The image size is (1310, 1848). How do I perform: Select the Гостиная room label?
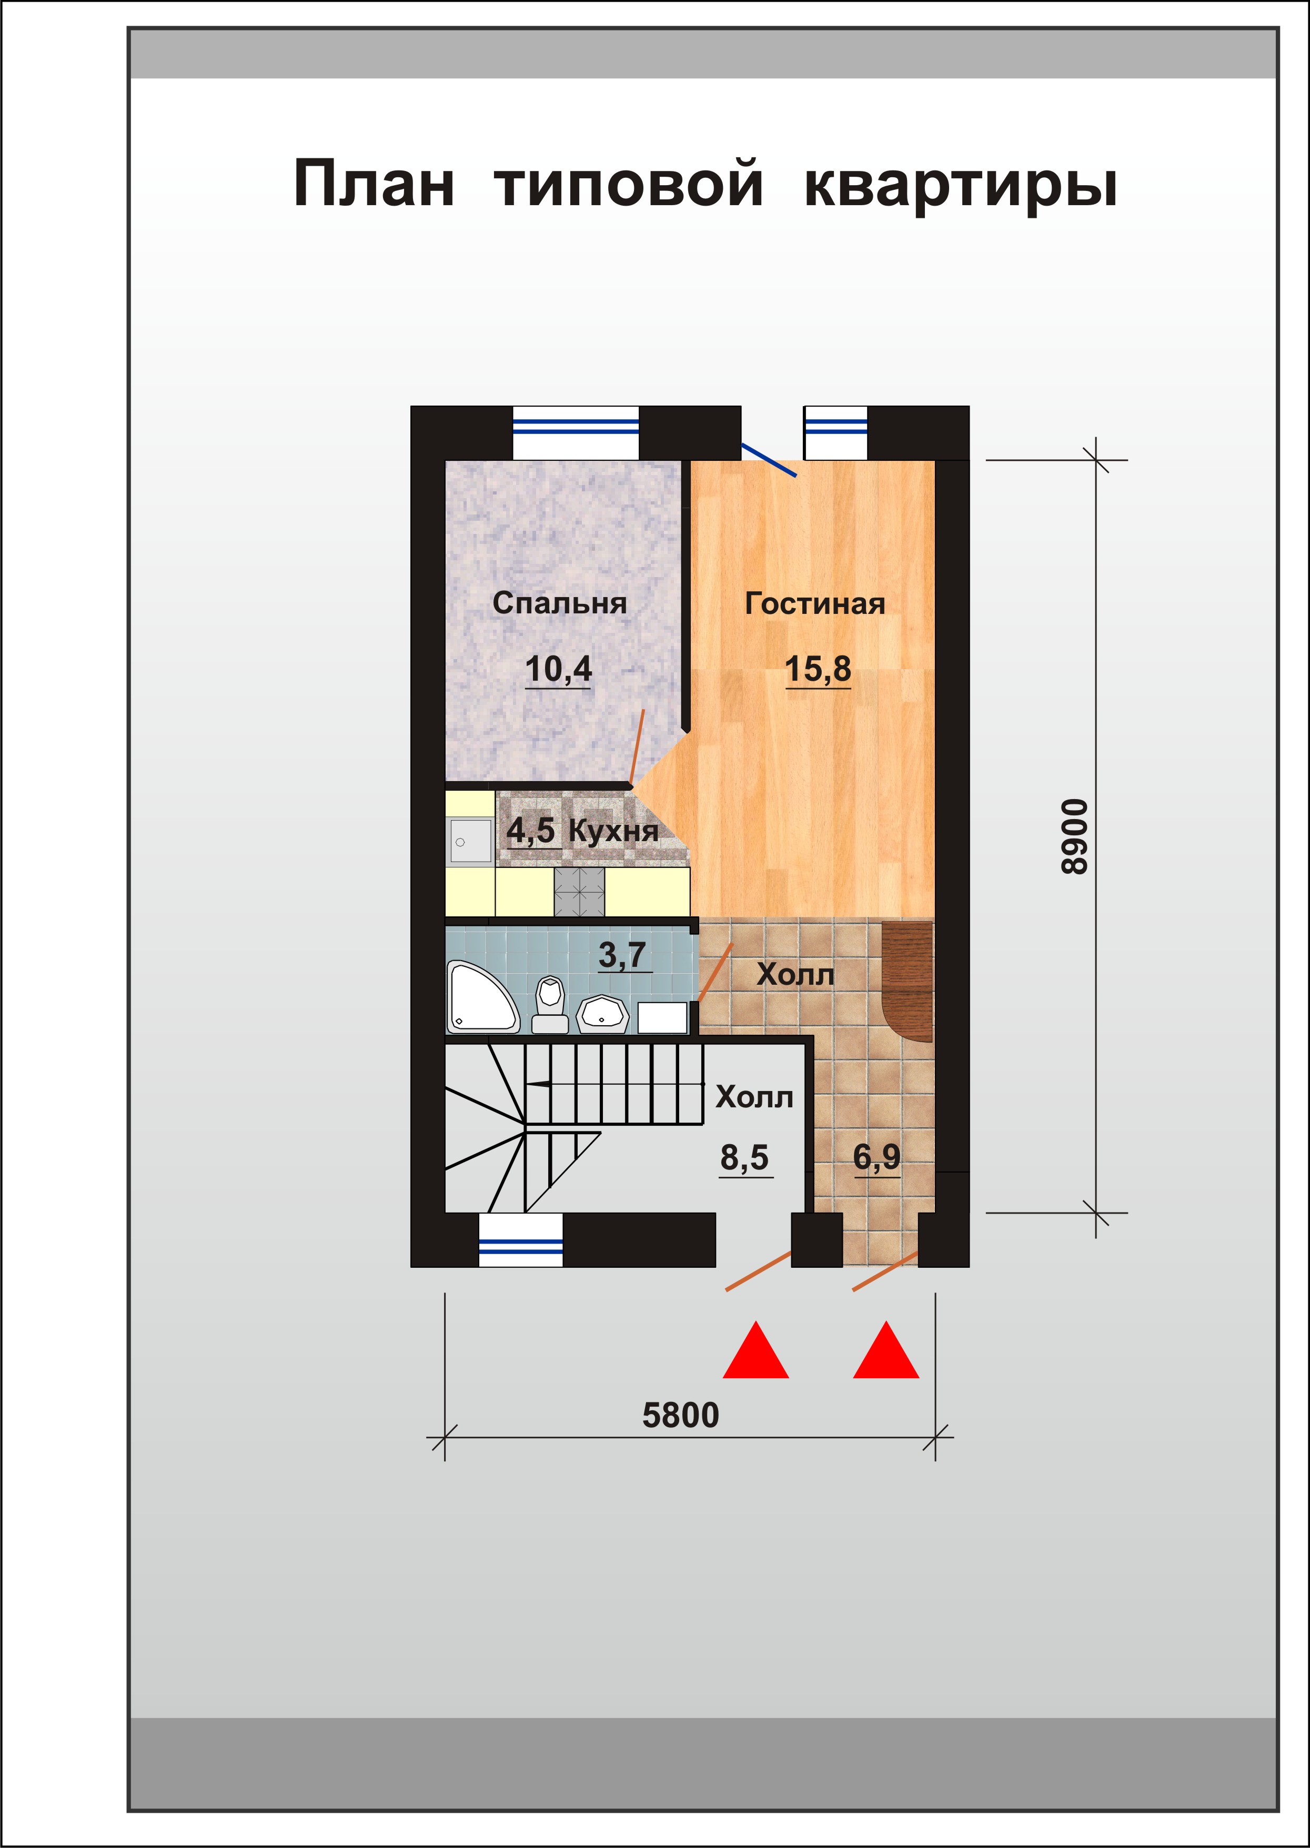pyautogui.click(x=815, y=603)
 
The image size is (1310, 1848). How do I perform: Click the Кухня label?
pyautogui.click(x=614, y=831)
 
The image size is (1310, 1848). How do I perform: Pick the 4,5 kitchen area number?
pyautogui.click(x=531, y=831)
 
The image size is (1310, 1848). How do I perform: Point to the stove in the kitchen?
pyautogui.click(x=579, y=891)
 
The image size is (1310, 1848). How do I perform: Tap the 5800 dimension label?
pyautogui.click(x=680, y=1416)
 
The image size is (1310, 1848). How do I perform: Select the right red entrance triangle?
pyautogui.click(x=886, y=1349)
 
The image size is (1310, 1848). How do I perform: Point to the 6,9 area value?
pyautogui.click(x=877, y=1157)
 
